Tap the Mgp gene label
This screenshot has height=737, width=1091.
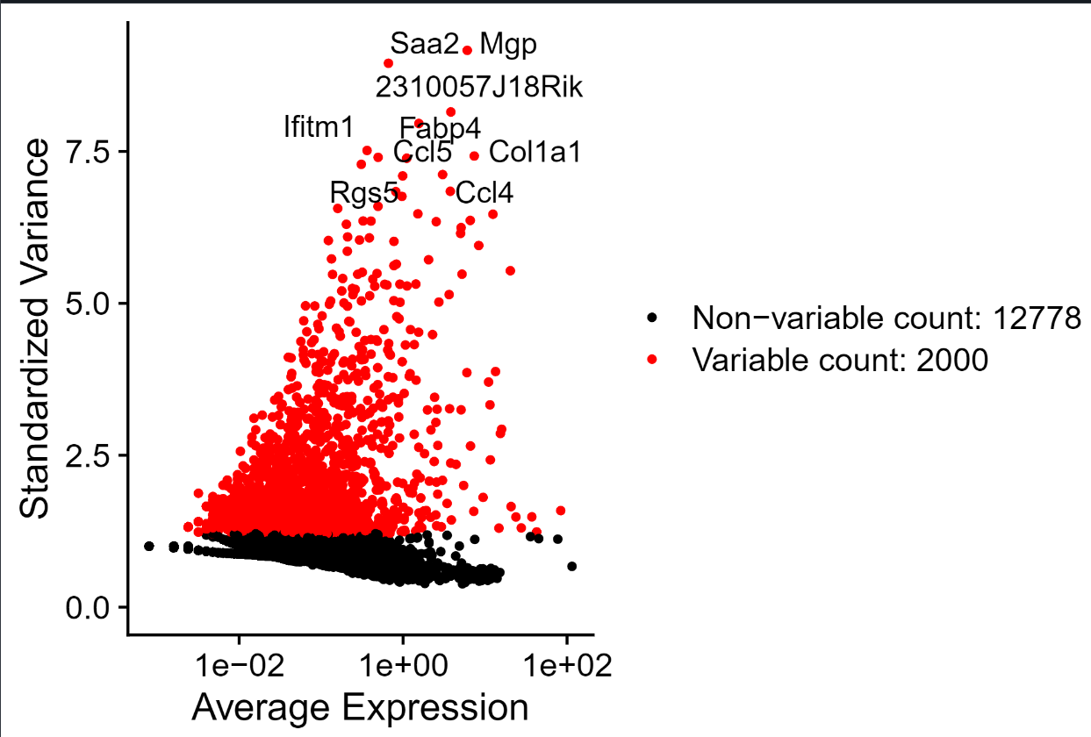[507, 45]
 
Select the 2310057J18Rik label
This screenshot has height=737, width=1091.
[478, 88]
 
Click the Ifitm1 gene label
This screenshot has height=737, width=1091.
[319, 127]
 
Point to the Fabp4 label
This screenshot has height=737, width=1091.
[440, 128]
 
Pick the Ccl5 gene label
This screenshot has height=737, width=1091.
[422, 153]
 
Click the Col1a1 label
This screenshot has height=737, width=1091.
[535, 153]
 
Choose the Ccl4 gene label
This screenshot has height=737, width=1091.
[484, 192]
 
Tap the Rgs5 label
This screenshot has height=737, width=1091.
[363, 192]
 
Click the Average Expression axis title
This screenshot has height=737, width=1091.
[360, 707]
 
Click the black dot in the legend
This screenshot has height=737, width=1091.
[650, 318]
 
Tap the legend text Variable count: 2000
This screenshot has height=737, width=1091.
[840, 359]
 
